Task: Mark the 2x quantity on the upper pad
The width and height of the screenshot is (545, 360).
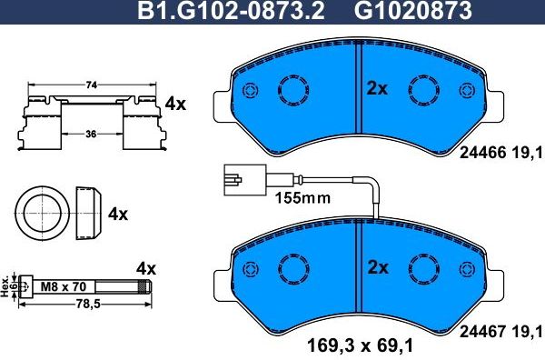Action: coord(376,88)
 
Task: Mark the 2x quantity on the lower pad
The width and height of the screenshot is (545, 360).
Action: coord(376,267)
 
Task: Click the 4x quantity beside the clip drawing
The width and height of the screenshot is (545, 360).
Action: coord(175,104)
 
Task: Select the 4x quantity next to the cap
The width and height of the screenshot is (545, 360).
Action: coord(117,215)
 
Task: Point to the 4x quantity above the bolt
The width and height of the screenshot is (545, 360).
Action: coord(146,268)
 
